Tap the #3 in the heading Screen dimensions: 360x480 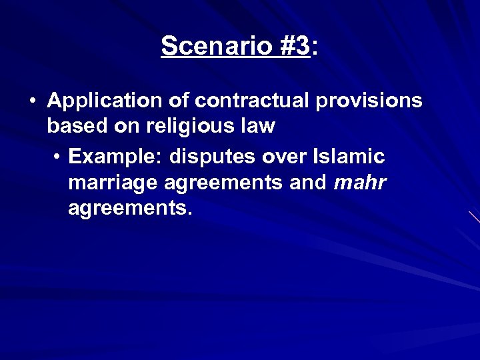pyautogui.click(x=291, y=46)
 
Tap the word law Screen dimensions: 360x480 pyautogui.click(x=257, y=126)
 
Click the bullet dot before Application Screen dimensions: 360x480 pyautogui.click(x=33, y=101)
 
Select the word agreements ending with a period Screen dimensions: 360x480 pyautogui.click(x=131, y=209)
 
